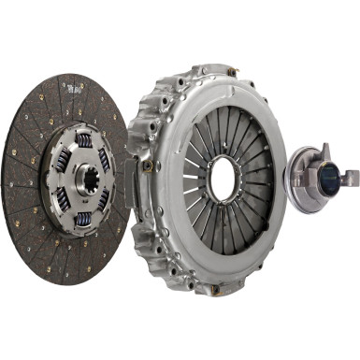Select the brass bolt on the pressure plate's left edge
[x=148, y=166]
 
